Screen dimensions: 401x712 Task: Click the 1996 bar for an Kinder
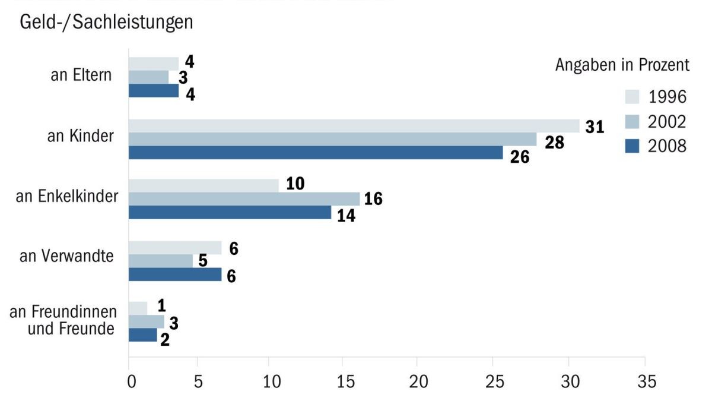(354, 126)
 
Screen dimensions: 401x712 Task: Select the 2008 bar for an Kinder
(316, 153)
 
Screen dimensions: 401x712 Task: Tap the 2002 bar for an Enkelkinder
(244, 199)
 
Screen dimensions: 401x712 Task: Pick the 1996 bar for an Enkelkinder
(204, 185)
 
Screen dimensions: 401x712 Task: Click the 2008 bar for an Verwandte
(175, 274)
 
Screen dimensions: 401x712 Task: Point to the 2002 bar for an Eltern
(148, 77)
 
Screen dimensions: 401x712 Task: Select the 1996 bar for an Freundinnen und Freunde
(138, 308)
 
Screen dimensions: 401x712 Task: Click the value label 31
(595, 127)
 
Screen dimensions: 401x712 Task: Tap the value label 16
(373, 199)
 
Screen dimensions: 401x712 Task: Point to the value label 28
(554, 143)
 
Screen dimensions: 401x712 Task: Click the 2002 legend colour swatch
(633, 122)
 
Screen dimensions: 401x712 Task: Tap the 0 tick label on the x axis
(132, 381)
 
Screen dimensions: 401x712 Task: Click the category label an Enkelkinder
(67, 197)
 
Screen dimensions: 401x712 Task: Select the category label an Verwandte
(66, 257)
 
